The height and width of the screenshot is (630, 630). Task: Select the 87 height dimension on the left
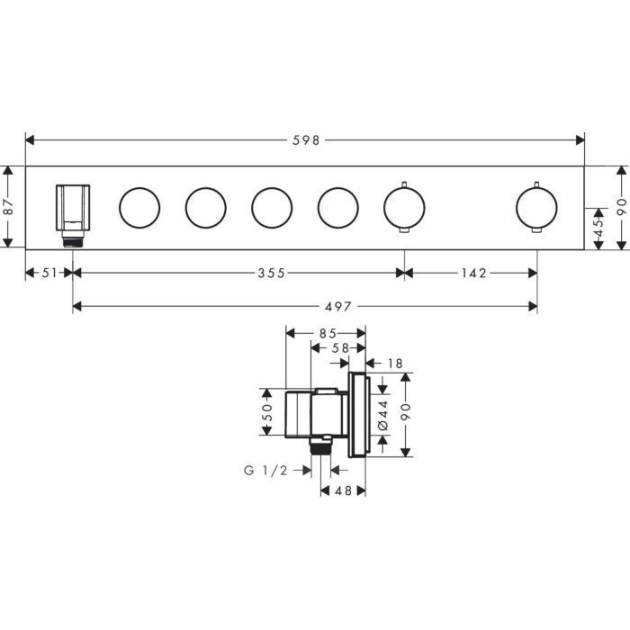[x=9, y=206]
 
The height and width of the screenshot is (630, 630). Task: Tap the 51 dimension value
[x=49, y=273]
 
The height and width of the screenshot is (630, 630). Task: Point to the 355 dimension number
[x=270, y=273]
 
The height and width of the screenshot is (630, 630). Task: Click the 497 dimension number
[x=306, y=306]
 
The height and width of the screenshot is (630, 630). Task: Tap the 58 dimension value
[x=339, y=346]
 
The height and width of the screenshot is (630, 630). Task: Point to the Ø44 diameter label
[x=382, y=415]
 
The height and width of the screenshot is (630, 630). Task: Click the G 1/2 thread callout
[x=265, y=470]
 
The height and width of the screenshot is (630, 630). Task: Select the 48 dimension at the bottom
[x=343, y=490]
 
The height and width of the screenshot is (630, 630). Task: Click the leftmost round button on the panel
[x=139, y=208]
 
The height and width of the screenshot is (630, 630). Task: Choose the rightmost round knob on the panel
[x=536, y=208]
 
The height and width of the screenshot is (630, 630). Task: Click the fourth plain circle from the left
[x=337, y=208]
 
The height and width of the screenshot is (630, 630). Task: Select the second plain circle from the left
[x=205, y=208]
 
